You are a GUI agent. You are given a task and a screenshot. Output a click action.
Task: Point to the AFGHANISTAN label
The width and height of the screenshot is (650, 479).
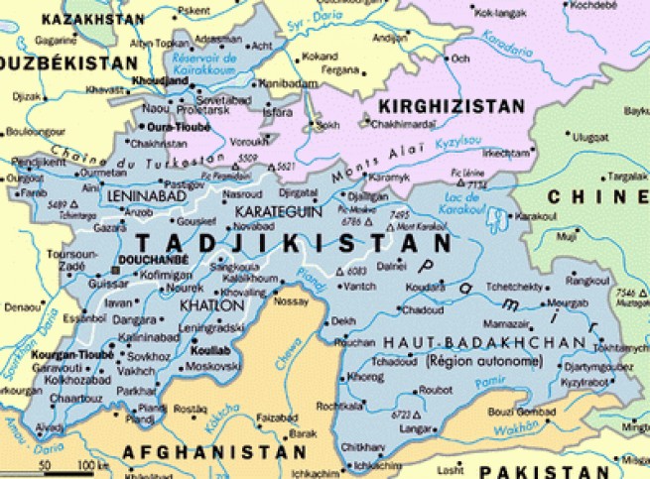coord(213,451)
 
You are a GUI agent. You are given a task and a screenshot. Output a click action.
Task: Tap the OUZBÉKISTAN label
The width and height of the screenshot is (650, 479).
coord(65,63)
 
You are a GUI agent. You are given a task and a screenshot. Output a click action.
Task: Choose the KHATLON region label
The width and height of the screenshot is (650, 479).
coord(205,305)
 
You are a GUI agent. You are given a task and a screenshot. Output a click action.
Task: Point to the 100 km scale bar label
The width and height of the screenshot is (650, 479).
coord(93,464)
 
